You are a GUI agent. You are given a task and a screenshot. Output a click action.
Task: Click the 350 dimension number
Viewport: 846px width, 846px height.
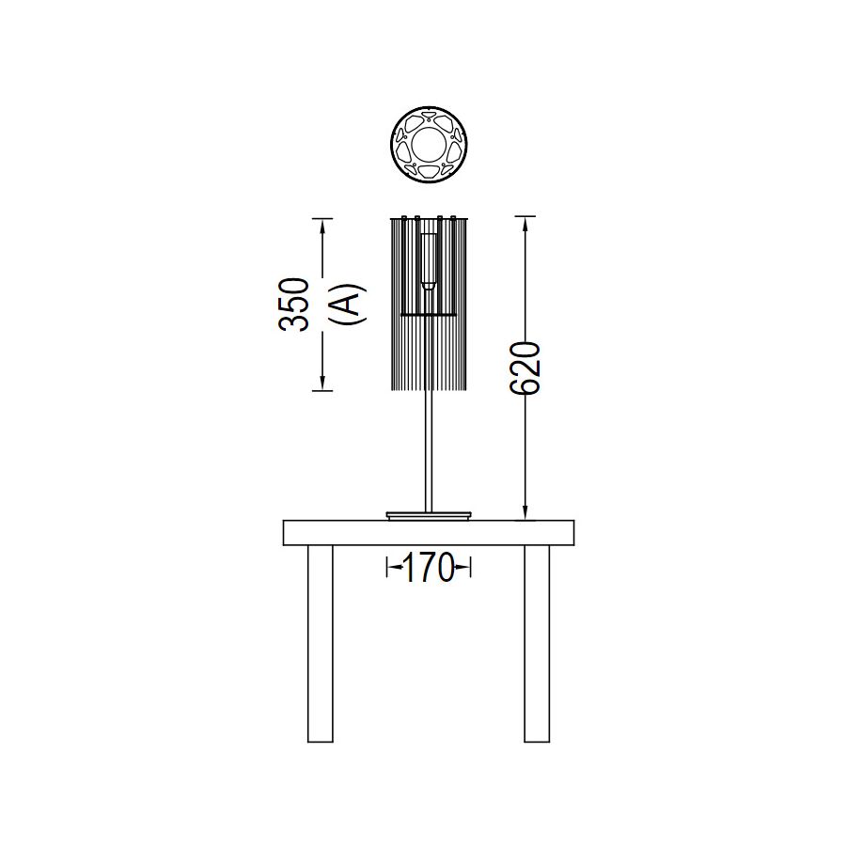point(293,304)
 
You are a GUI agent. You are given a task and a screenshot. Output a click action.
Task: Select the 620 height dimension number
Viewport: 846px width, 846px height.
point(525,368)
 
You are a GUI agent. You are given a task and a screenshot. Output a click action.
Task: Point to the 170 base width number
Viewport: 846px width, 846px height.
point(429,568)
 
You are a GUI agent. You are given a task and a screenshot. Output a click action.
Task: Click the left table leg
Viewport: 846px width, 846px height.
point(320,644)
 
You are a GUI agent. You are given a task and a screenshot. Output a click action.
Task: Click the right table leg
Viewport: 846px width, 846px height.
point(537,644)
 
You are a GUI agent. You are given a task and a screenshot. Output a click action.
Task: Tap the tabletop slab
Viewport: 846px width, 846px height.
point(429,533)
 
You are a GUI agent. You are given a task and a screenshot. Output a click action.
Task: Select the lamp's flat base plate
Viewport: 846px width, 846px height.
point(429,515)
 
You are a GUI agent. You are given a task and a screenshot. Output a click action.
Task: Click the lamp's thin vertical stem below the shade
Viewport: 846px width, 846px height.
point(429,450)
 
